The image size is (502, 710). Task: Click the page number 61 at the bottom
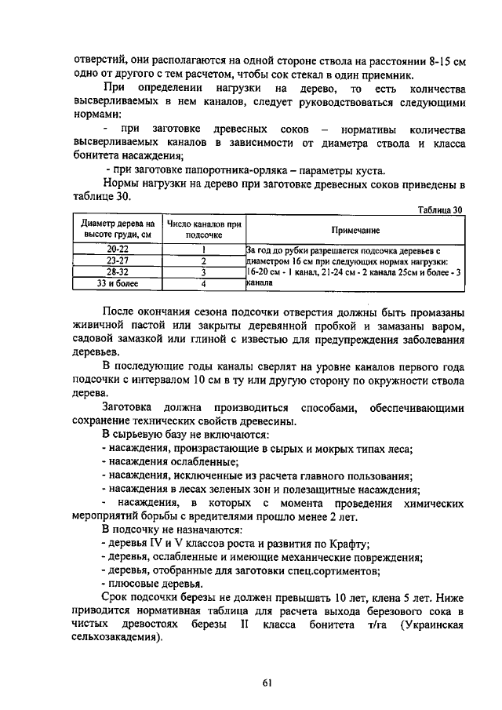[267, 683]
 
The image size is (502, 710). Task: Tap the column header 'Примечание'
[355, 230]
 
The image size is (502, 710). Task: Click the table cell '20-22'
[118, 249]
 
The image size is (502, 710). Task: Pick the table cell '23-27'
[118, 260]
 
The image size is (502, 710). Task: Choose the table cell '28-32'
[118, 272]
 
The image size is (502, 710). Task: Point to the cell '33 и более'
[118, 284]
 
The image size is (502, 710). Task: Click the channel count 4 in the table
[203, 284]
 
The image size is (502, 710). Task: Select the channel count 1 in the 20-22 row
[203, 249]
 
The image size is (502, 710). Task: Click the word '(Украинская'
[431, 624]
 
